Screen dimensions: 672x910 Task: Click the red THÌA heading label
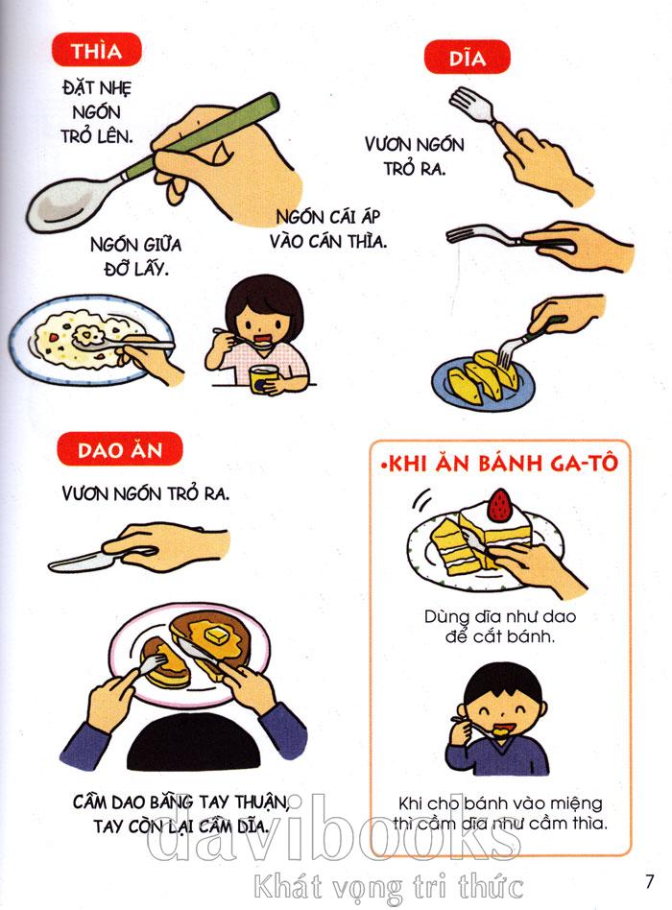coord(96,50)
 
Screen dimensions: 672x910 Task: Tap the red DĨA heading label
coord(468,58)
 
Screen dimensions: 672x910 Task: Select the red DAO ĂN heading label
coord(120,449)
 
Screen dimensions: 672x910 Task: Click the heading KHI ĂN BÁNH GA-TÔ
coord(499,464)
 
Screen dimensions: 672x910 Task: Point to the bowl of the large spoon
coord(70,204)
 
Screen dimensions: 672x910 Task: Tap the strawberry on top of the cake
coord(499,504)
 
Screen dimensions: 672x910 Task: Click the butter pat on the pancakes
coord(215,635)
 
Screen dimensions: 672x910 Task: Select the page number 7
coord(649,881)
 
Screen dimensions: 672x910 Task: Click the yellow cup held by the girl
coord(263,379)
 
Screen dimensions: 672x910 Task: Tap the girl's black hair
coord(264,300)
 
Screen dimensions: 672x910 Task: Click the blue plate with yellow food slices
coord(482,381)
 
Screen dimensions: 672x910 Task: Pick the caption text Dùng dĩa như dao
coord(499,616)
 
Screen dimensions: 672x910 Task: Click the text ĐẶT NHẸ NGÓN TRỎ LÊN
coord(97,112)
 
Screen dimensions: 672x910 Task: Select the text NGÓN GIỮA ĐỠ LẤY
coord(135,256)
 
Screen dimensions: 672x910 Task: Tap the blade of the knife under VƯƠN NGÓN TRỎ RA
coord(79,561)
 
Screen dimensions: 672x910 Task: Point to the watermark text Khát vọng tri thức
coord(388,887)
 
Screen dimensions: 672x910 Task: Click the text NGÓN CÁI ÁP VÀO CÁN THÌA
coord(328,229)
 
